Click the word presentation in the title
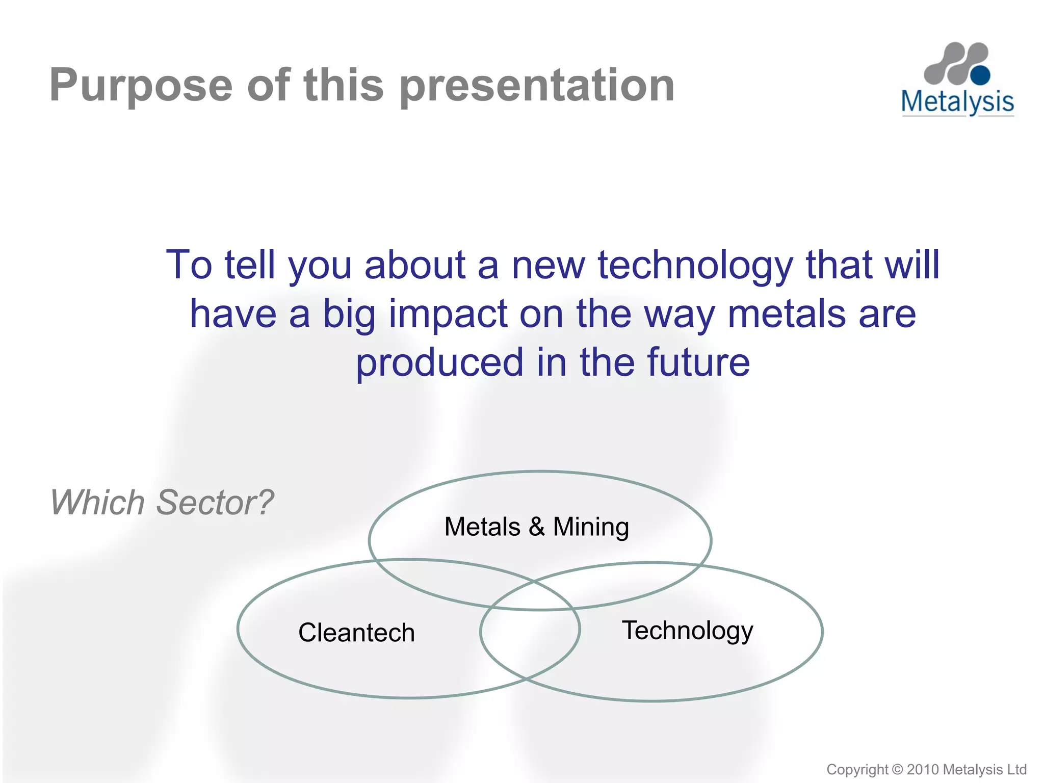pyautogui.click(x=537, y=86)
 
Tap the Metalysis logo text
pyautogui.click(x=957, y=101)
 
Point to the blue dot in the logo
pyautogui.click(x=980, y=75)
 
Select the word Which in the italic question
pyautogui.click(x=97, y=503)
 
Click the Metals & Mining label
pyautogui.click(x=536, y=527)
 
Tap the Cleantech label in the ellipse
pyautogui.click(x=356, y=633)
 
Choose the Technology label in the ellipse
pyautogui.click(x=687, y=631)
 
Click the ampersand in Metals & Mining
pyautogui.click(x=536, y=527)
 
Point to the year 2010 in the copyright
pyautogui.click(x=922, y=769)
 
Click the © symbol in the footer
pyautogui.click(x=898, y=769)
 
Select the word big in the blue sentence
pyautogui.click(x=349, y=315)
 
